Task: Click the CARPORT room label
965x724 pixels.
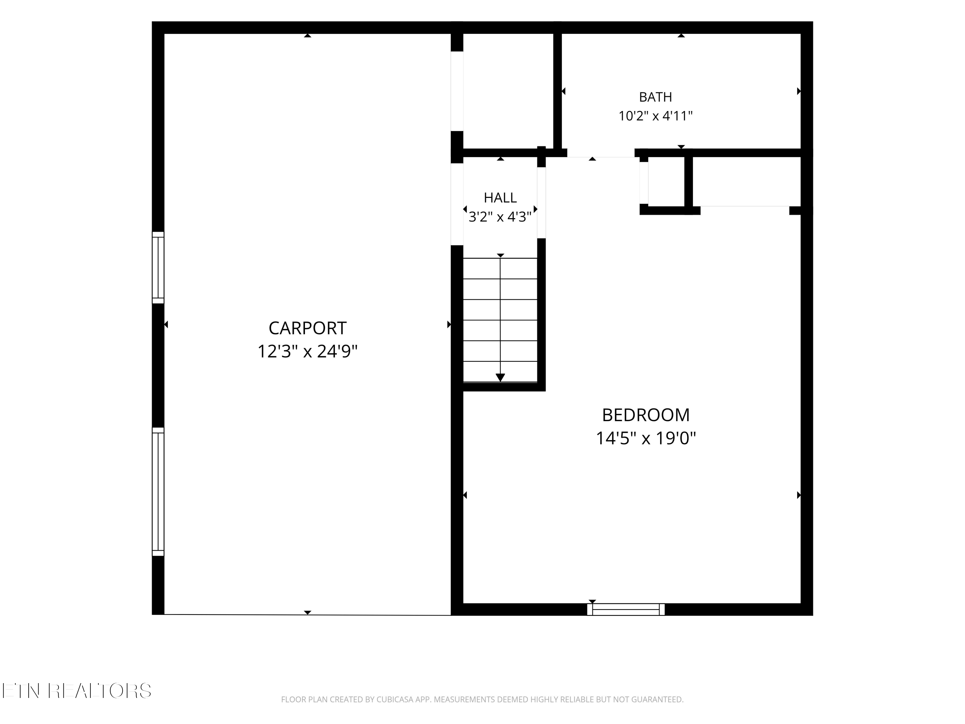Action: click(308, 328)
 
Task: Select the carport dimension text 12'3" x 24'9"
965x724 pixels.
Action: click(308, 351)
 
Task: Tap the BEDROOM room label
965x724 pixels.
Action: click(646, 415)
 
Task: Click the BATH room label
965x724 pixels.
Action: click(655, 97)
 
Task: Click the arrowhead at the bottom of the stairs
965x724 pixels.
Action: click(501, 377)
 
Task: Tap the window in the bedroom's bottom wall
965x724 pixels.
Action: click(626, 609)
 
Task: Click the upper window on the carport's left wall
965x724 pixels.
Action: click(158, 267)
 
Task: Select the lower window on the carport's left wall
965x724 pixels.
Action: click(158, 491)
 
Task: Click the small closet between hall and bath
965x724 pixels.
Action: click(508, 91)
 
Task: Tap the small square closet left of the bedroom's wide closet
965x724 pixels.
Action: click(666, 181)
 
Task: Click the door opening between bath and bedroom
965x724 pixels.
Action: click(601, 153)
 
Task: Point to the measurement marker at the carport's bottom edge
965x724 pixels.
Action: click(308, 613)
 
